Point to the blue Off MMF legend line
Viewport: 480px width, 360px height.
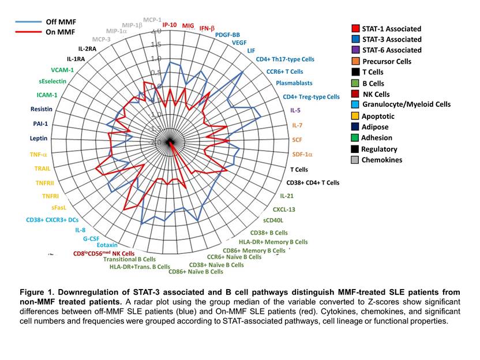pos(31,22)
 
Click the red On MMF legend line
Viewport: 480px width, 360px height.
pos(31,32)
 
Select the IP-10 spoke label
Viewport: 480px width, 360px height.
pos(170,25)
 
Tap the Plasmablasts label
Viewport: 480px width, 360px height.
pos(294,84)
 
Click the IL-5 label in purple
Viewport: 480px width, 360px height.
pos(295,110)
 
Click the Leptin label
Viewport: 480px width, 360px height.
pos(39,138)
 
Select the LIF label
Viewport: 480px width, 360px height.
pos(250,51)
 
